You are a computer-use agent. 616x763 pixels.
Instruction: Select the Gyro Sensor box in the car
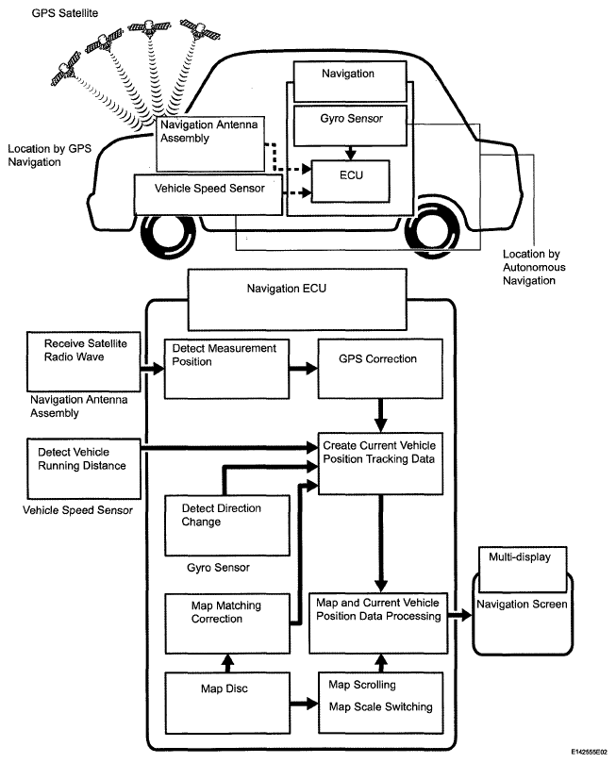(x=352, y=122)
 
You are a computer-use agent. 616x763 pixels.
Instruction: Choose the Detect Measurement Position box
(x=226, y=367)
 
